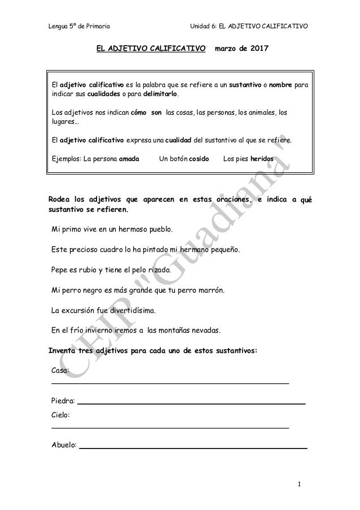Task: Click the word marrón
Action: click(x=211, y=290)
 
